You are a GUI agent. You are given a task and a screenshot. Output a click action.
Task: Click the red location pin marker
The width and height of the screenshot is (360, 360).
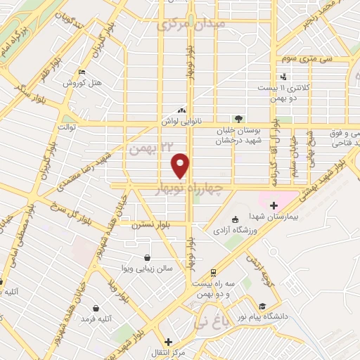pos(181,166)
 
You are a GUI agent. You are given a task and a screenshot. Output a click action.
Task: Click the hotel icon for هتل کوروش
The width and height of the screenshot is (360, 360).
pos(83,72)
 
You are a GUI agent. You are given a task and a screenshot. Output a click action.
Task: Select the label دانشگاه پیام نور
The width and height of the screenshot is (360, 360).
pos(284,316)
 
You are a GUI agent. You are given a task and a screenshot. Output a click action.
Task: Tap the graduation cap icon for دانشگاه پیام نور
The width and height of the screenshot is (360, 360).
pos(262,307)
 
